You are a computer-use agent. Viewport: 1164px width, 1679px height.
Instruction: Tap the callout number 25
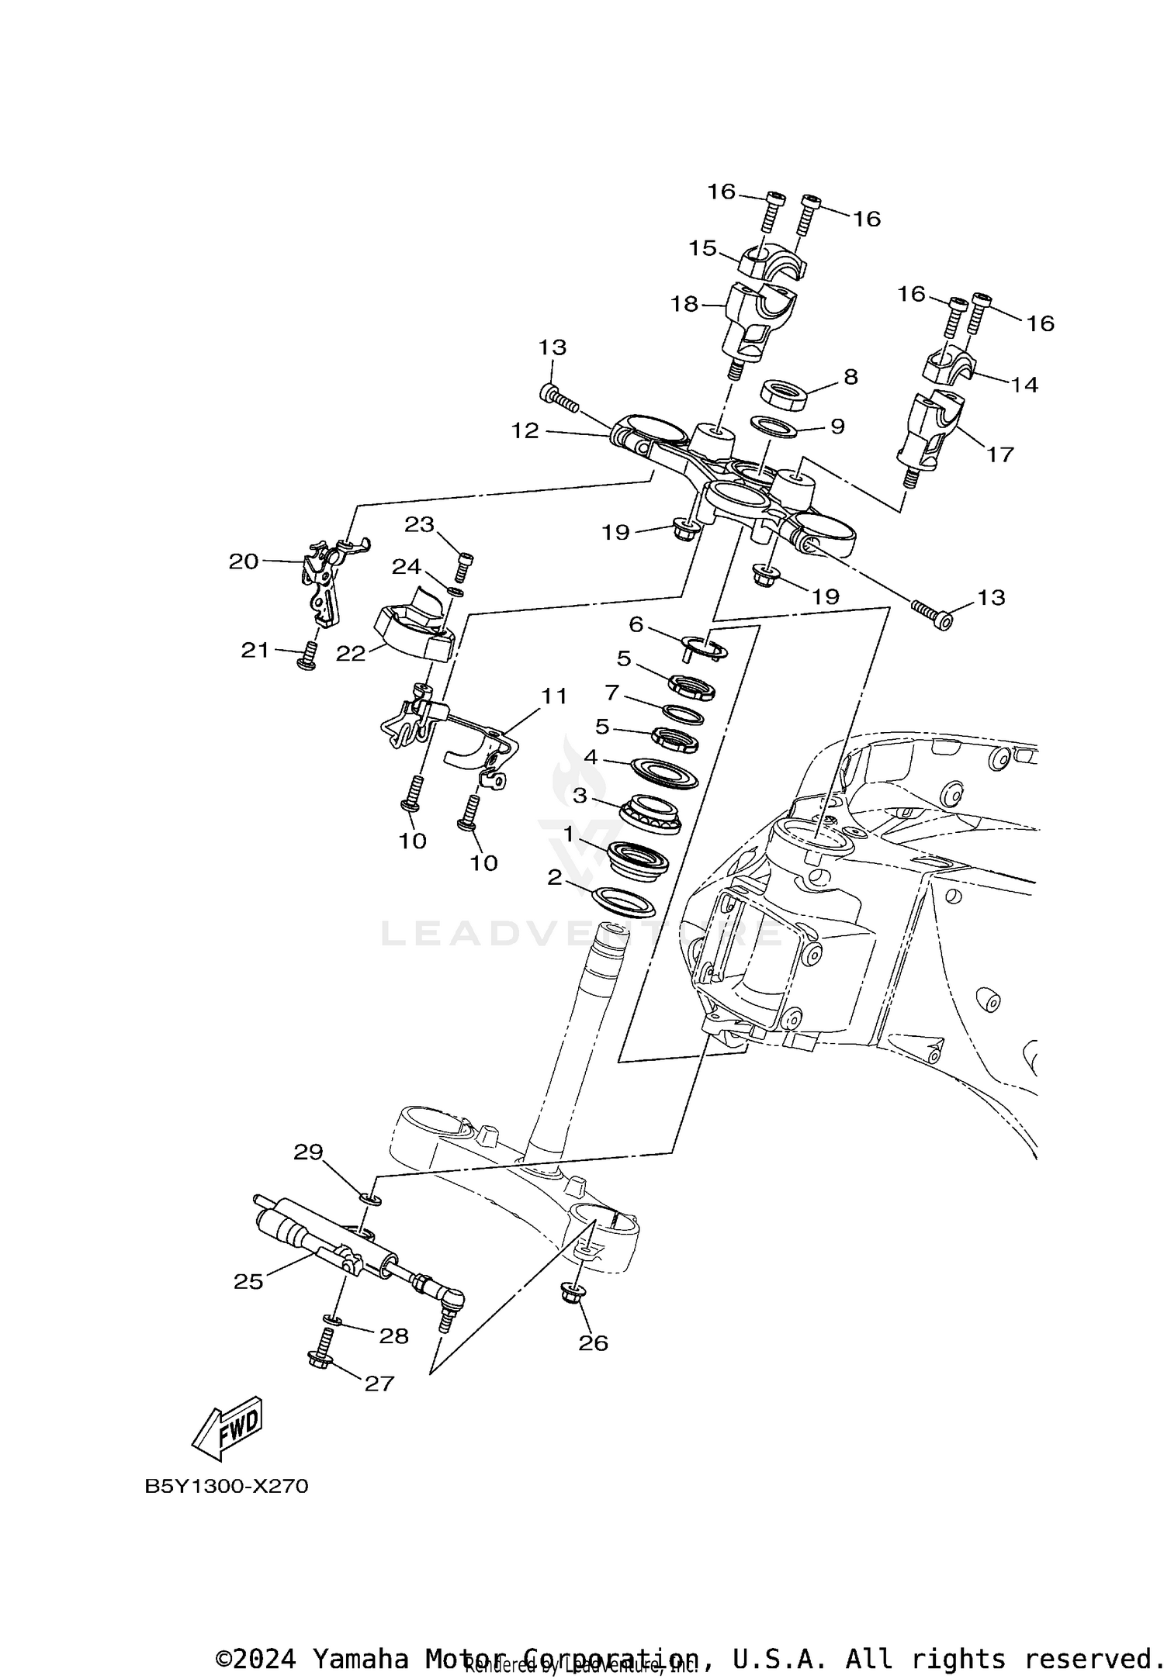click(x=248, y=1282)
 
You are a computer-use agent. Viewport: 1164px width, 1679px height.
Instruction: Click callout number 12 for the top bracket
click(x=525, y=430)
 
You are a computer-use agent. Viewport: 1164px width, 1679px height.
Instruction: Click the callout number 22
click(x=350, y=654)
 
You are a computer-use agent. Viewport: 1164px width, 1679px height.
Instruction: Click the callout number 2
click(x=554, y=877)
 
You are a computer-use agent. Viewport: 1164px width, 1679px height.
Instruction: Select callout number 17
click(x=999, y=454)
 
